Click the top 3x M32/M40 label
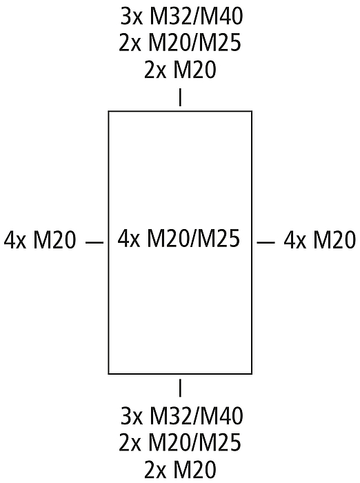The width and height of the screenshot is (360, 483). [x=181, y=17]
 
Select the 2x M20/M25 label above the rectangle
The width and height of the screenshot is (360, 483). [x=180, y=43]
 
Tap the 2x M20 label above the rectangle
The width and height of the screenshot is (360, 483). [x=180, y=69]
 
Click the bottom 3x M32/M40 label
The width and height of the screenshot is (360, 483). [x=181, y=416]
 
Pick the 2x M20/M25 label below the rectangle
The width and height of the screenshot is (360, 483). [x=180, y=442]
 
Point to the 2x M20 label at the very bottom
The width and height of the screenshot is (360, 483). [x=180, y=469]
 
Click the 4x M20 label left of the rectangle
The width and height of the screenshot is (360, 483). [x=40, y=240]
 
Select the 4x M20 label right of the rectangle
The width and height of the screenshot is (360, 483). [x=320, y=240]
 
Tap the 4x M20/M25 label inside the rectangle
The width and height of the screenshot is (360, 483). [x=179, y=239]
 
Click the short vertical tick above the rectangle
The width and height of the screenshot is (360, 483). [x=180, y=97]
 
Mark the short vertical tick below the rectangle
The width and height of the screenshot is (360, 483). [x=180, y=388]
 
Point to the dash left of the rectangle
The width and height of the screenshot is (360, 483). [x=94, y=243]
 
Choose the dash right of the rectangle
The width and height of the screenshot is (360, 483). [x=266, y=243]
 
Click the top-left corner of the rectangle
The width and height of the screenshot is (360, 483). [x=108, y=111]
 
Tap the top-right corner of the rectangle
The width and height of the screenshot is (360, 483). [x=252, y=111]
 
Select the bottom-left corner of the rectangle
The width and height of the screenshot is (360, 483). [x=108, y=374]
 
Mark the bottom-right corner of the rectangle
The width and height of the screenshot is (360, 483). [x=252, y=374]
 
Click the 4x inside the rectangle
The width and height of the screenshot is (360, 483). [x=129, y=239]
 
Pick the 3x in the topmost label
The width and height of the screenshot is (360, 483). [x=132, y=17]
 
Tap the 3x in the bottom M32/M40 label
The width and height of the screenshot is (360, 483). [x=132, y=416]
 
